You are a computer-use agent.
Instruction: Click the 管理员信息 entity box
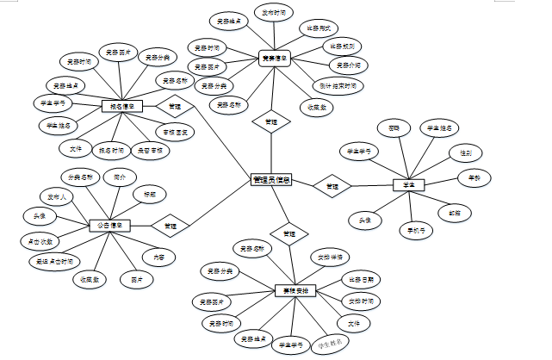(272, 180)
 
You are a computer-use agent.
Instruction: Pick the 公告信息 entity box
(109, 226)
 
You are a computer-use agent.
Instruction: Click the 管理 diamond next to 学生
(332, 185)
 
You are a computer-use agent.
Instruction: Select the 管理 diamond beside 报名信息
(175, 107)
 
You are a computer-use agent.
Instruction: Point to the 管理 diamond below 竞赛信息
(270, 123)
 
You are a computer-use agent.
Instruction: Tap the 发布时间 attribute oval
(276, 14)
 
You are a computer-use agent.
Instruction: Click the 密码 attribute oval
(394, 127)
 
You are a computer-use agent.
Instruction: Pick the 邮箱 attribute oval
(455, 212)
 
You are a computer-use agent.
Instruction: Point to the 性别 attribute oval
(465, 152)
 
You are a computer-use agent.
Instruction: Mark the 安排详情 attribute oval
(332, 257)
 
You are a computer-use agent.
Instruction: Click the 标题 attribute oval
(149, 195)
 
